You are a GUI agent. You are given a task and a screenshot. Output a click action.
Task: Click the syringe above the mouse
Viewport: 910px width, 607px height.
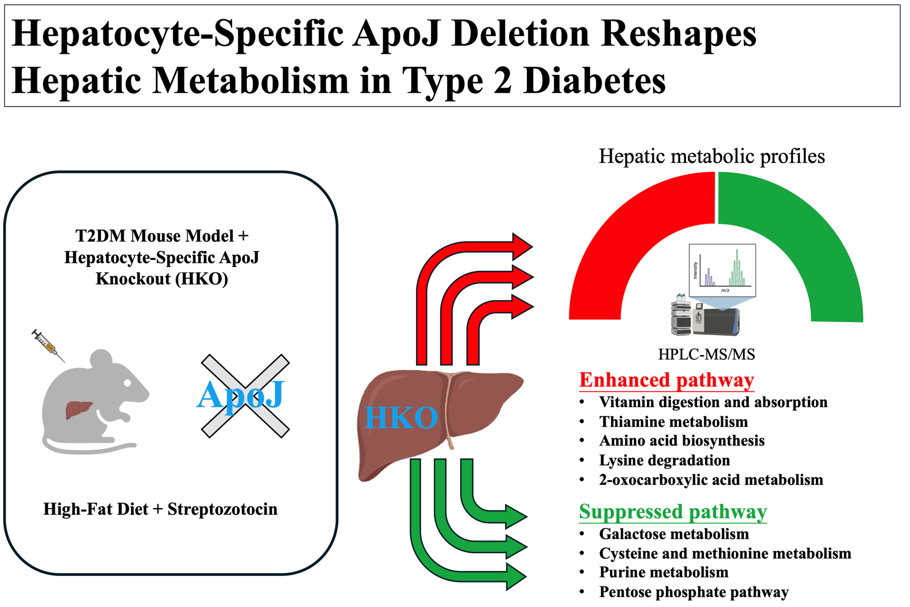[x=48, y=345]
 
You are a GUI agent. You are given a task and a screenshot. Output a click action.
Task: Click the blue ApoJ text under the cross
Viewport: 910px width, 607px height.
[x=241, y=395]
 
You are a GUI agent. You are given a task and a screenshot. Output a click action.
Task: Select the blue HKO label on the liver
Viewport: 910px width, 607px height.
[x=401, y=418]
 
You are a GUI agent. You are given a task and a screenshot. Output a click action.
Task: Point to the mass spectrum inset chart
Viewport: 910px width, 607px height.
[x=722, y=270]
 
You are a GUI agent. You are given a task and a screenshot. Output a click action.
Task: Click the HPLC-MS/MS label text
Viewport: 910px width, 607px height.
[x=707, y=354]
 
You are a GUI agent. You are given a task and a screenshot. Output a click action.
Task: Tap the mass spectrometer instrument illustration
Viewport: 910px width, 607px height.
[x=706, y=318]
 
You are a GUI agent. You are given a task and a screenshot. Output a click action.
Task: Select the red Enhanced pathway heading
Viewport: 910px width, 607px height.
[x=667, y=380]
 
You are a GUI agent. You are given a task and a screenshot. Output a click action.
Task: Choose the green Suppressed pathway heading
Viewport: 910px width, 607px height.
[x=673, y=512]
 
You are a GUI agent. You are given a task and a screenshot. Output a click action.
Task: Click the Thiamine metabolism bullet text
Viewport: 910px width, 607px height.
[x=673, y=422]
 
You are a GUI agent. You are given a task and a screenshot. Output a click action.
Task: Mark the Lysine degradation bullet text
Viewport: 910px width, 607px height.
[x=665, y=460]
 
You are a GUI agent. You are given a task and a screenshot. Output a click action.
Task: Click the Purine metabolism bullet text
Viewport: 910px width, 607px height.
[x=664, y=572]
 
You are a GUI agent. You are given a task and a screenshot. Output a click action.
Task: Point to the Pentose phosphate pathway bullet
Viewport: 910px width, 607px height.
[x=693, y=592]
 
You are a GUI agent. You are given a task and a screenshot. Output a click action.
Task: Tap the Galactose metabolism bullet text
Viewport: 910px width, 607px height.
[x=674, y=534]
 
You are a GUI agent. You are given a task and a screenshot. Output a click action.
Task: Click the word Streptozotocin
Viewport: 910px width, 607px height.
[x=222, y=509]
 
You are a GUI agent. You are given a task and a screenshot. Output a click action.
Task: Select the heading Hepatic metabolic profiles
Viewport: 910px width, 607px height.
[x=712, y=156]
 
